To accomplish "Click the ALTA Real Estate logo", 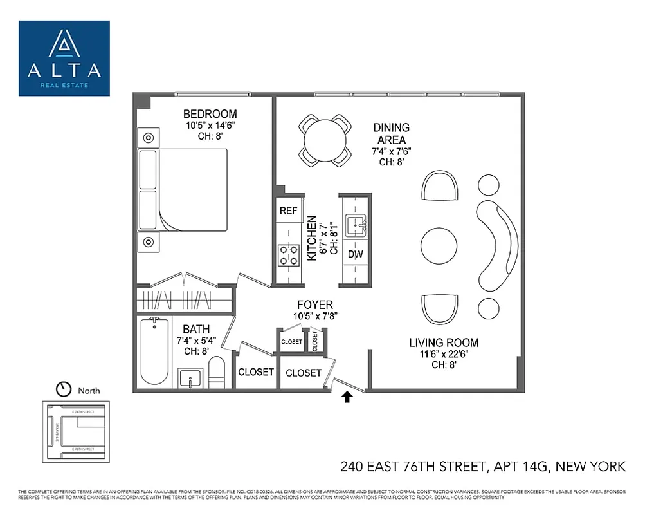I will pyautogui.click(x=64, y=58).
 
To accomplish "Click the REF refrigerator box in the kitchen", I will pyautogui.click(x=288, y=211).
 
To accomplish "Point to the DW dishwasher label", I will pyautogui.click(x=355, y=254).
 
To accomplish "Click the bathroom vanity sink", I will pyautogui.click(x=190, y=378).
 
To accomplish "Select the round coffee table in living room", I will pyautogui.click(x=439, y=245).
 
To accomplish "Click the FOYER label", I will pyautogui.click(x=314, y=304).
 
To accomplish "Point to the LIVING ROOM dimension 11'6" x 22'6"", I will pyautogui.click(x=444, y=354).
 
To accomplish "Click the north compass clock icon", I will pyautogui.click(x=64, y=389).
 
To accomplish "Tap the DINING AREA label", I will pyautogui.click(x=391, y=134).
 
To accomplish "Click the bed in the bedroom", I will pyautogui.click(x=184, y=190).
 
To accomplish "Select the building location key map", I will pyautogui.click(x=76, y=431).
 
